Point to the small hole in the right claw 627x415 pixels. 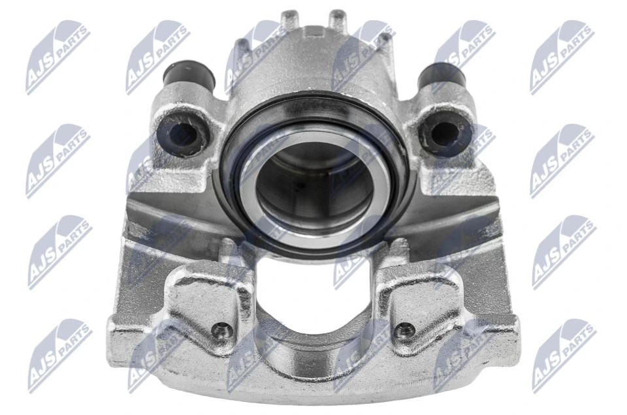click(405, 330)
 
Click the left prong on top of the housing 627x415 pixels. click(289, 20)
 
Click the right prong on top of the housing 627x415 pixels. click(337, 20)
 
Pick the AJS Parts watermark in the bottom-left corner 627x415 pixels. click(59, 356)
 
